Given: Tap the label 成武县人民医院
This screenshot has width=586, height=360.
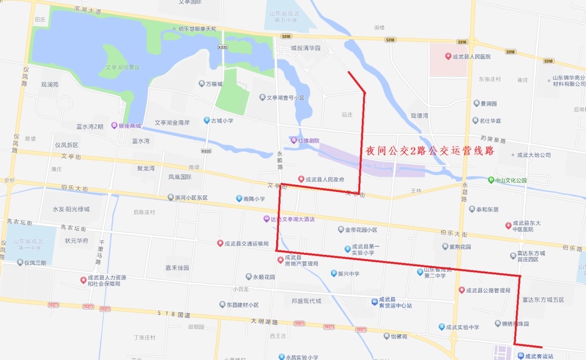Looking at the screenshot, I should [x=472, y=56].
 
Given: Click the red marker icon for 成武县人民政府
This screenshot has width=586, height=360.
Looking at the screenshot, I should [x=302, y=179].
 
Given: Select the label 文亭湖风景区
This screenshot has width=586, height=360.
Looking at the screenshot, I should [x=123, y=67].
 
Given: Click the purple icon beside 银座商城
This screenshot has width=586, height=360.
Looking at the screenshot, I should [x=114, y=126].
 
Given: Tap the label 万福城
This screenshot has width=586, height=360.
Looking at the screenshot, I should [x=214, y=84].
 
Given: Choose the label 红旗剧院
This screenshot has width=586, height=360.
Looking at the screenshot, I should [x=308, y=141].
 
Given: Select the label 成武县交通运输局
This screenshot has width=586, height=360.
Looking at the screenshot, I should [x=246, y=243].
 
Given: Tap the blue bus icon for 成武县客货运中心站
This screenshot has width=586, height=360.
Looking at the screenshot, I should [x=375, y=301].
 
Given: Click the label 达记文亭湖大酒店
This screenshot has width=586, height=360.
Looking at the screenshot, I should [x=292, y=219].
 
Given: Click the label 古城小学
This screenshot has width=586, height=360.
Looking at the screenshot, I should [x=222, y=120].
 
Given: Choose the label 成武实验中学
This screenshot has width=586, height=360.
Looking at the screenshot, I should [x=463, y=327].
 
